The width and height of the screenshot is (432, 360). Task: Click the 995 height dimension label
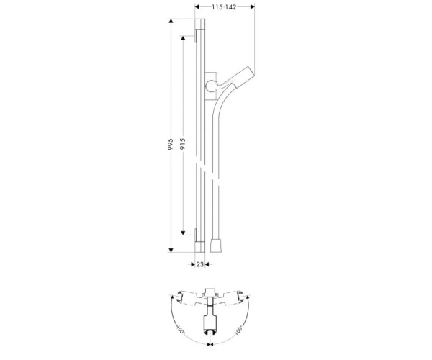coord(171,144)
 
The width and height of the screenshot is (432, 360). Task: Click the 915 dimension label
coord(183,144)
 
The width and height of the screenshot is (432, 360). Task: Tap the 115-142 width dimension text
coord(224,7)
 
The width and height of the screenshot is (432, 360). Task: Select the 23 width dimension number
coord(200,264)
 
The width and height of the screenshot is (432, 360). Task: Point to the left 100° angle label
coord(181,330)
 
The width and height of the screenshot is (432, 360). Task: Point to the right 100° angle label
coord(238,330)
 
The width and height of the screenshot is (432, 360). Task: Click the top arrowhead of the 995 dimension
coord(171,21)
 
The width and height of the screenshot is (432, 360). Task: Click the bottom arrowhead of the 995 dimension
coord(171,250)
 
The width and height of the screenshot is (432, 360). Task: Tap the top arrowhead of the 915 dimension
coord(183,37)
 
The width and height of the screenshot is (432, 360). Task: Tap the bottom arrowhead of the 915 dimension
coord(183,233)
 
